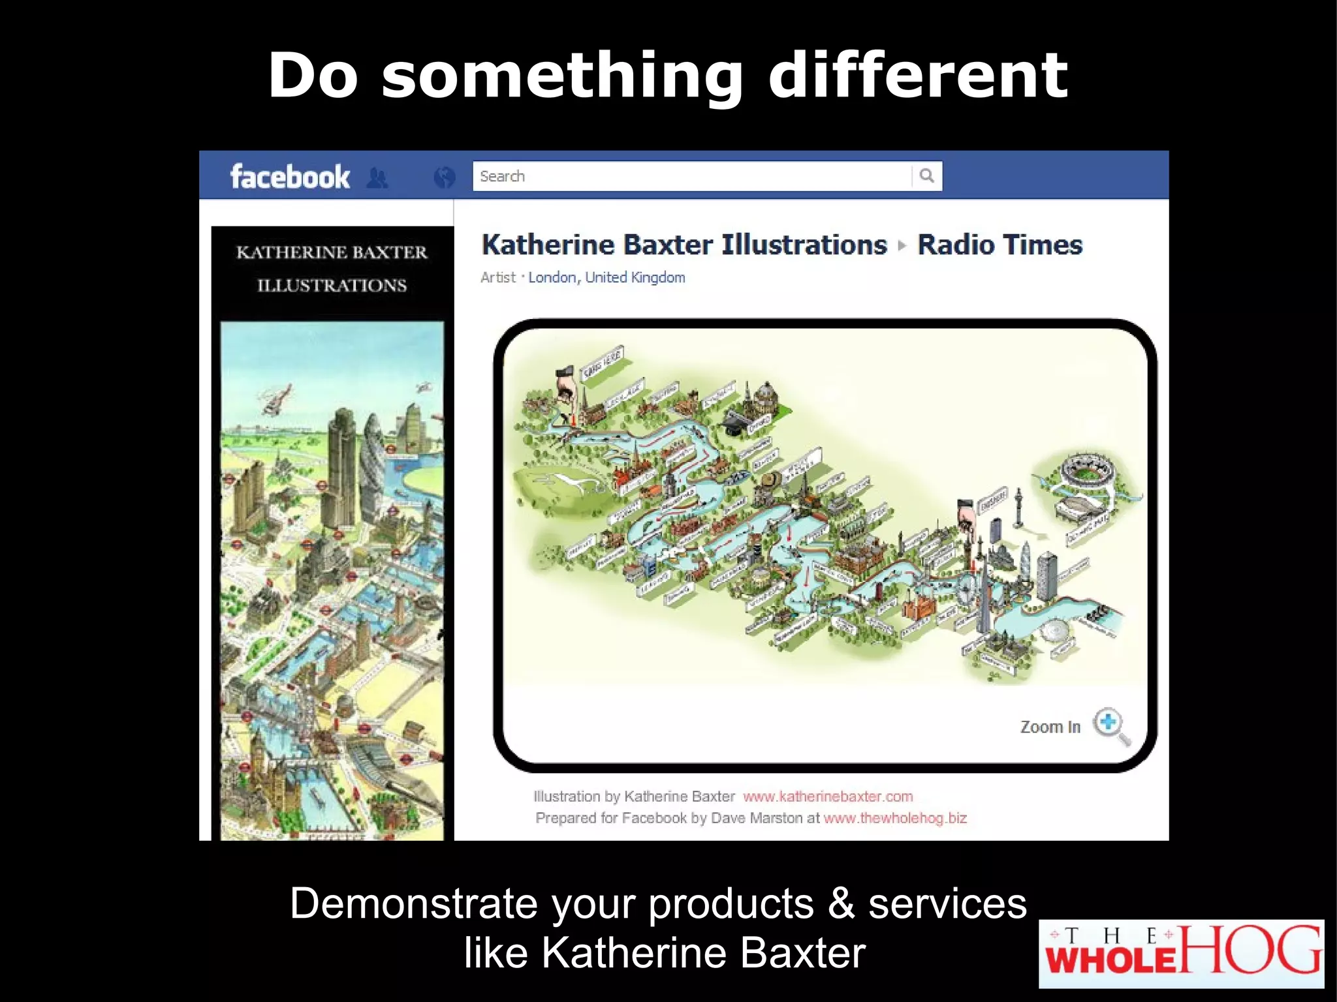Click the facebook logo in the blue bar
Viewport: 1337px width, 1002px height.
click(x=290, y=177)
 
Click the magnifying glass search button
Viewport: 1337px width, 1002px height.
click(x=926, y=176)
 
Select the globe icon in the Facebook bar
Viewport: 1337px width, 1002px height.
click(x=444, y=177)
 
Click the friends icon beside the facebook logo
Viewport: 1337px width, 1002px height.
click(x=377, y=177)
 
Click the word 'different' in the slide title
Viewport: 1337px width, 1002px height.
click(x=917, y=76)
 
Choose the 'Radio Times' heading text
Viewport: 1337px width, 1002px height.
click(x=999, y=245)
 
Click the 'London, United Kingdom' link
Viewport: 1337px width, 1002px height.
click(x=606, y=277)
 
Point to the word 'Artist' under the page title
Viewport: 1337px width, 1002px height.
click(x=497, y=277)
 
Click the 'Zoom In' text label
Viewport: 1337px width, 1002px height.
click(x=1050, y=727)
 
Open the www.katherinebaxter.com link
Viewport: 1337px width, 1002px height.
click(x=827, y=797)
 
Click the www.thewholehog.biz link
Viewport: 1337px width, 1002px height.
click(x=894, y=818)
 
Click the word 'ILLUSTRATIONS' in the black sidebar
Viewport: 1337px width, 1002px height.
click(x=332, y=286)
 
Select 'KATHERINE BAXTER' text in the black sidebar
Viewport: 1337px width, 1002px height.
click(x=332, y=252)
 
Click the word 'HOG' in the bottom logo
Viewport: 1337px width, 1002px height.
click(x=1250, y=950)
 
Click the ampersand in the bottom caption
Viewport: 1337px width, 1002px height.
click(x=841, y=904)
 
